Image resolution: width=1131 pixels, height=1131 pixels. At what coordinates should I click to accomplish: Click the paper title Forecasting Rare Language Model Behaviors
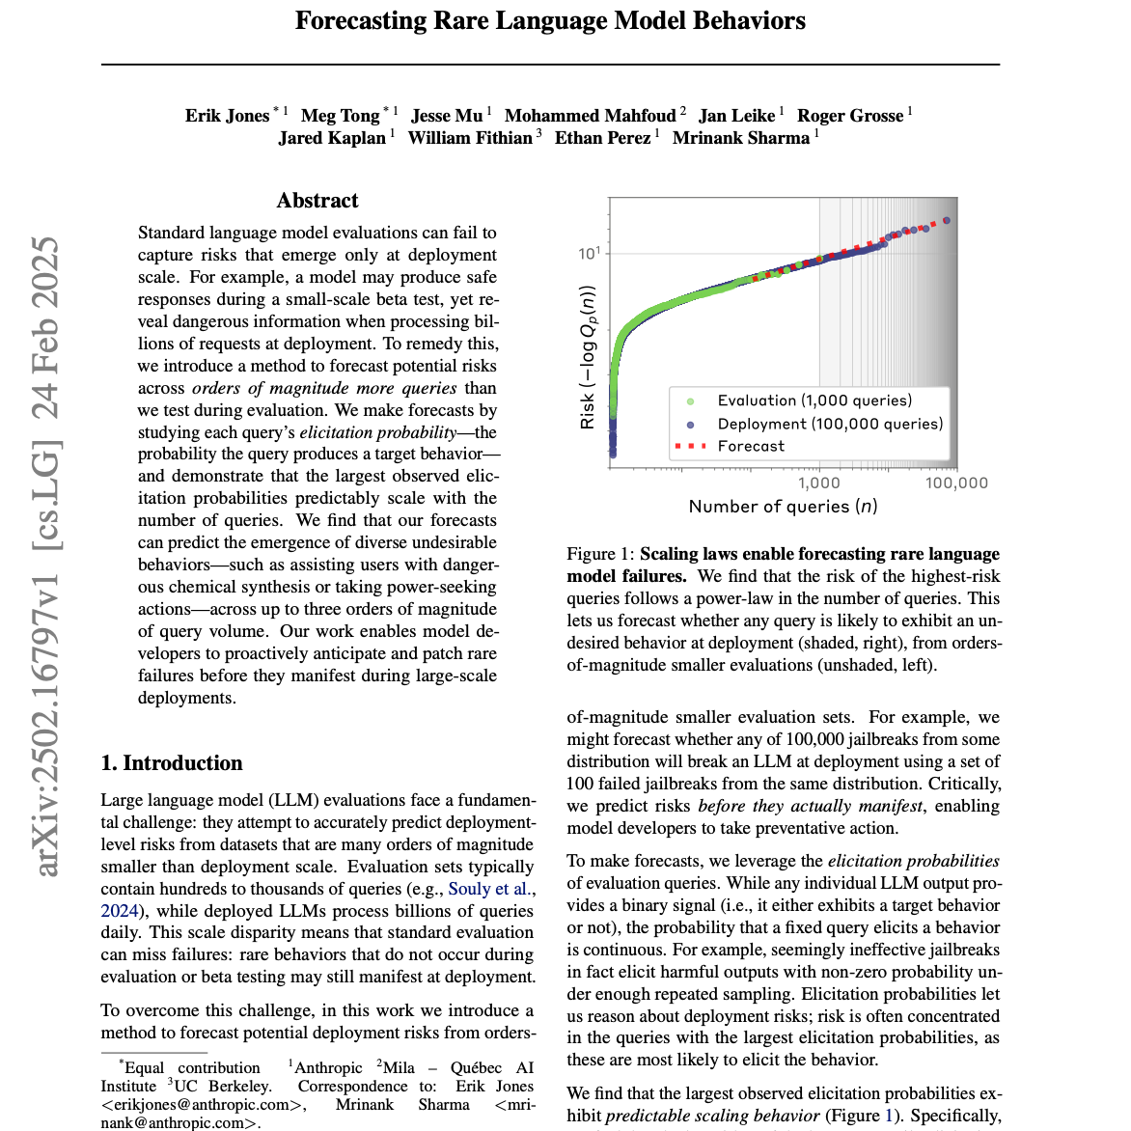550,21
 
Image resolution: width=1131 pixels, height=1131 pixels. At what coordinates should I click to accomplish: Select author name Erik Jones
228,116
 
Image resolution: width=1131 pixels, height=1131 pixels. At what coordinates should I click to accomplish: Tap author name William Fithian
470,138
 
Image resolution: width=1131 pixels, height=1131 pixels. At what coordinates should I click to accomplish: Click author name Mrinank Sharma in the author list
741,138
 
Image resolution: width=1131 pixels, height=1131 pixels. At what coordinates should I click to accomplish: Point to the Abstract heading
317,201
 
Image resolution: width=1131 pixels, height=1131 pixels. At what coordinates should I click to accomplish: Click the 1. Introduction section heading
172,763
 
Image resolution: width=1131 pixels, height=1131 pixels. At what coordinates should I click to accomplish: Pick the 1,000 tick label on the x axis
819,483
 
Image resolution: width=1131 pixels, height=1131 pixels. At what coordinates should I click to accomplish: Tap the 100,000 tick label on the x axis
956,483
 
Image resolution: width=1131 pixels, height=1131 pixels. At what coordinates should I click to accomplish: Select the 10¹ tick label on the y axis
589,254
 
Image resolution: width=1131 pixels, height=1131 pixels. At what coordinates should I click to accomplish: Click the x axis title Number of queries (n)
783,507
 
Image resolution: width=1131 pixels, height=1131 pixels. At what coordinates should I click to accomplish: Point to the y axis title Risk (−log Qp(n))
588,357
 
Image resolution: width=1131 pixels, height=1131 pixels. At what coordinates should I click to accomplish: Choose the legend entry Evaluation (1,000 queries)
814,400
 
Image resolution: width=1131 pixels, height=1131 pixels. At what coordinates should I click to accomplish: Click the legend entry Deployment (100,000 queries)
830,424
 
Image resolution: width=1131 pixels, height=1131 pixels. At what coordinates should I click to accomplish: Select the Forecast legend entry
751,446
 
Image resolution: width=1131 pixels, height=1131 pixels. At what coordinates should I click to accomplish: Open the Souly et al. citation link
491,889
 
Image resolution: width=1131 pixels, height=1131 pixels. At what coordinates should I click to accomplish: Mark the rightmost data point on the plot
947,221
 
